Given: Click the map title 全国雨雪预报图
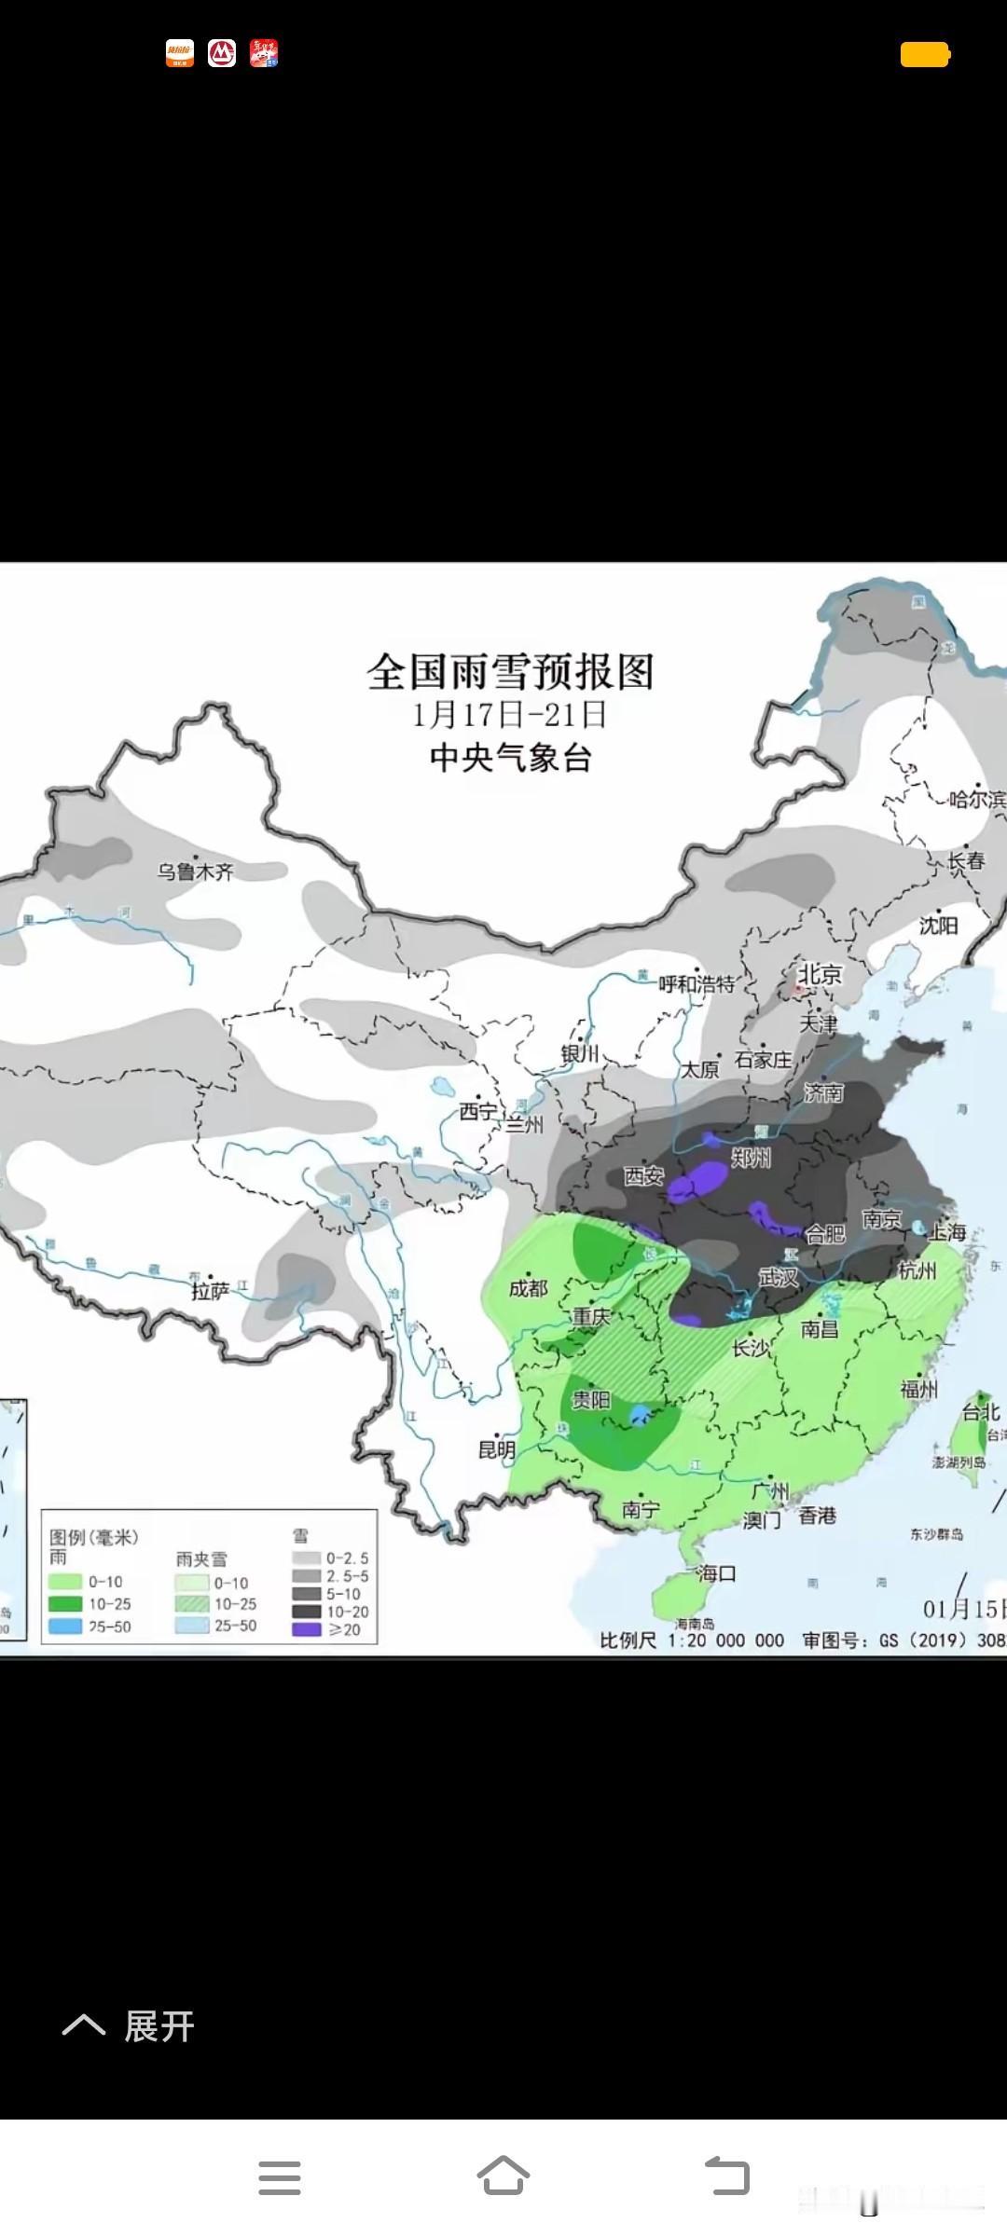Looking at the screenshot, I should pos(510,672).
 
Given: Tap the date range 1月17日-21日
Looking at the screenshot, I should pos(510,715).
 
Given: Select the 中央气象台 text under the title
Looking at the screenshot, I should pos(510,757).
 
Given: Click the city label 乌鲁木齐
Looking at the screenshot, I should pos(195,871).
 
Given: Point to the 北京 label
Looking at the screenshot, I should pos(821,974).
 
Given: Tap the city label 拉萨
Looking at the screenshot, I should pos(210,1291).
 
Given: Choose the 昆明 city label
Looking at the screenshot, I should pos(497,1449).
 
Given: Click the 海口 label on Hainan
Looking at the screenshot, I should pos(717,1573).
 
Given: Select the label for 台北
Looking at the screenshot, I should pos(981,1412).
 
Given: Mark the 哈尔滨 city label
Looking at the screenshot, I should pos(977,800).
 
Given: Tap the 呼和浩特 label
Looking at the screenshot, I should pos(697,983).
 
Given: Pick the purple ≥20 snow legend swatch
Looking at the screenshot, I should pos(306,1630).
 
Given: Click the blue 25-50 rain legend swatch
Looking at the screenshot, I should pos(65,1626).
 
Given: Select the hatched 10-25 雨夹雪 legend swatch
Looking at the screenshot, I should pos(191,1604).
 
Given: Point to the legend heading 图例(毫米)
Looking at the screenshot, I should pos(93,1537).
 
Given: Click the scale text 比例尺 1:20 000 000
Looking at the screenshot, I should pos(691,1640).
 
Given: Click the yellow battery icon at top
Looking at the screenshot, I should pos(925,55).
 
